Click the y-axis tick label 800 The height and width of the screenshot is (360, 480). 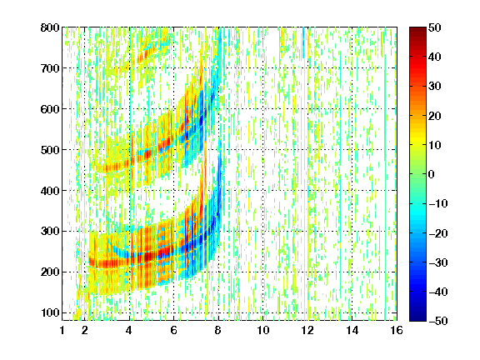[x=50, y=27]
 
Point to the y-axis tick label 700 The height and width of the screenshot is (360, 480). [x=50, y=68]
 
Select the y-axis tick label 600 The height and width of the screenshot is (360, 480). [x=50, y=109]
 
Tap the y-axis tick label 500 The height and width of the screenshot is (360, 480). [x=50, y=150]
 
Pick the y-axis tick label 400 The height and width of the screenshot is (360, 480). [x=50, y=191]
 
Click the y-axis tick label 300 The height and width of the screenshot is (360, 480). [x=50, y=232]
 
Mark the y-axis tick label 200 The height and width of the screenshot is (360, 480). [x=50, y=272]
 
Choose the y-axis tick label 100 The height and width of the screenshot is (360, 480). [x=50, y=312]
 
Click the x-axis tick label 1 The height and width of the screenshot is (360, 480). [x=62, y=330]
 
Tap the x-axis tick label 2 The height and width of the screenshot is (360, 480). [x=85, y=330]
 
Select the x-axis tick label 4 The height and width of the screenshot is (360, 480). [x=129, y=330]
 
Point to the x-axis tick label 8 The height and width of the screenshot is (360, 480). [x=218, y=330]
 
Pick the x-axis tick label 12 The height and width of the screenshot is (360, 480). [x=307, y=330]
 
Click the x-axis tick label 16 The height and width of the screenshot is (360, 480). [x=397, y=330]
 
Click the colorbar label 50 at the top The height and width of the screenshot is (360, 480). [x=434, y=27]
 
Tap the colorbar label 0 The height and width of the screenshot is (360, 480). [x=432, y=174]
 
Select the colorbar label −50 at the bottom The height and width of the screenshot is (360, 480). [x=438, y=321]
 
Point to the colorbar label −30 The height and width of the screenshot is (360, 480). [x=438, y=262]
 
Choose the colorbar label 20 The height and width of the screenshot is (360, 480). [x=434, y=116]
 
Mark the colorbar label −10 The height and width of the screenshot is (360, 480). [x=438, y=203]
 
